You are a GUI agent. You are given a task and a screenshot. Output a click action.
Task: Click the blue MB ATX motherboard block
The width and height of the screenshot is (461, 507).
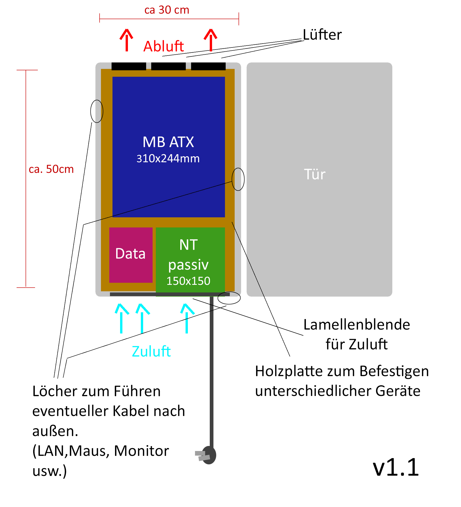coord(168,147)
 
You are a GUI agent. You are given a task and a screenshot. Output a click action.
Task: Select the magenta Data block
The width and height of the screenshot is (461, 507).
coord(131,255)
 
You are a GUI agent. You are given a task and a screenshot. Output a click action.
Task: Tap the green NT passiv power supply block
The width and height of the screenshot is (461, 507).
coord(190,262)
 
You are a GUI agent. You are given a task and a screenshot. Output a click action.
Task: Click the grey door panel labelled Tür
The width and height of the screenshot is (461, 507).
coord(319,179)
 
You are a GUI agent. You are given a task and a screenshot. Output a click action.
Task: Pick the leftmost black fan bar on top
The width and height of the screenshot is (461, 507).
coord(129,66)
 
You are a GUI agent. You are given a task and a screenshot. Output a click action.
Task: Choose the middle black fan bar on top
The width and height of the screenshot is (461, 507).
coord(168,66)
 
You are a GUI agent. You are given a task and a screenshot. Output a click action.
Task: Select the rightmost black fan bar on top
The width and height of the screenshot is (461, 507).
coord(208,66)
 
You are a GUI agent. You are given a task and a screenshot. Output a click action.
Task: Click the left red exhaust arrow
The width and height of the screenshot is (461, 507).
coord(127,40)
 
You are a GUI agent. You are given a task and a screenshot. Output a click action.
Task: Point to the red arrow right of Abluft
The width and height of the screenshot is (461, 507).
coord(210,40)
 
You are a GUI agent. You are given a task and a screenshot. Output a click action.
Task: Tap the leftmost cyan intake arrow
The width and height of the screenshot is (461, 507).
coord(121,318)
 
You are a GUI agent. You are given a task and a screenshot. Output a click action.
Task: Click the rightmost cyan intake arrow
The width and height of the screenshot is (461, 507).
coord(187,318)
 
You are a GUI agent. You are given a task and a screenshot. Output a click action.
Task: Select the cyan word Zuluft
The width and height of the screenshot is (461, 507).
coord(151,351)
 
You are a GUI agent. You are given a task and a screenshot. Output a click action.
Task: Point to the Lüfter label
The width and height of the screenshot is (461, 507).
coord(322,35)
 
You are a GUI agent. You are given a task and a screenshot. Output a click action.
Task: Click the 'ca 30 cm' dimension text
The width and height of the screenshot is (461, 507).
coord(167,10)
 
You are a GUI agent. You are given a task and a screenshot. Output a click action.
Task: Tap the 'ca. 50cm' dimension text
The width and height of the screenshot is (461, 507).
coord(51,169)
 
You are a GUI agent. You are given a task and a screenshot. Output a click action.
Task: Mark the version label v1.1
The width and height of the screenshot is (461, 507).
coord(396,467)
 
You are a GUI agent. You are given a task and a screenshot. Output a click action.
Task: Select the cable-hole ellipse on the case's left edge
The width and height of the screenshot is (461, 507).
coord(97,111)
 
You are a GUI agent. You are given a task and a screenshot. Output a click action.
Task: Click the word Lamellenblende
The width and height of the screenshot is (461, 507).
coord(357,325)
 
